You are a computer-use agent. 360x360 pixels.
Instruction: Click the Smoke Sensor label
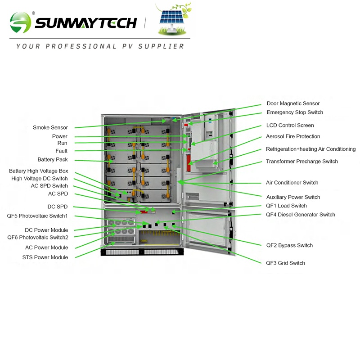[50, 128]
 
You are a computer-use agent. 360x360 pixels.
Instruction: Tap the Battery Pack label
[52, 160]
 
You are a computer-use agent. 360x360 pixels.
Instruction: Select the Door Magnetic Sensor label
[293, 103]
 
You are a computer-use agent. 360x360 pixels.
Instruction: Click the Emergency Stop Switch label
[295, 112]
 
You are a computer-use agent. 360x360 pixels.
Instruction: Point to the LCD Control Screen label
[290, 126]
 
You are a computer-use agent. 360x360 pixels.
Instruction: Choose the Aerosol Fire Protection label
[293, 136]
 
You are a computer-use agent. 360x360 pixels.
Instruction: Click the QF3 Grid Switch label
[285, 263]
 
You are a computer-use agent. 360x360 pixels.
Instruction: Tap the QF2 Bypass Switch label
[289, 246]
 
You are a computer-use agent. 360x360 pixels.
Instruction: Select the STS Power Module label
[45, 257]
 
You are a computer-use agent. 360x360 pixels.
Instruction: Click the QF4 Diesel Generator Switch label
[300, 215]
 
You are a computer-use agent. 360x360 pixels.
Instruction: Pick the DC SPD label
[58, 207]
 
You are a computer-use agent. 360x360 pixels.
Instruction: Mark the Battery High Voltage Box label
[38, 171]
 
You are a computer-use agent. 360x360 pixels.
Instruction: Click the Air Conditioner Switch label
[292, 183]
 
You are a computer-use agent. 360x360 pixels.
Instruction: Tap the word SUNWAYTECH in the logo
[85, 22]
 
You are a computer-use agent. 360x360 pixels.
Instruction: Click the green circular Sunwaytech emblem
[21, 22]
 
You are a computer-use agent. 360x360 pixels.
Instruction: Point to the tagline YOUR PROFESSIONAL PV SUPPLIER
[100, 46]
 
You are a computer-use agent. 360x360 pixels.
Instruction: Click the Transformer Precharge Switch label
[302, 162]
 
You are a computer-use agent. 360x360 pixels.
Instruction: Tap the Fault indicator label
[61, 151]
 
